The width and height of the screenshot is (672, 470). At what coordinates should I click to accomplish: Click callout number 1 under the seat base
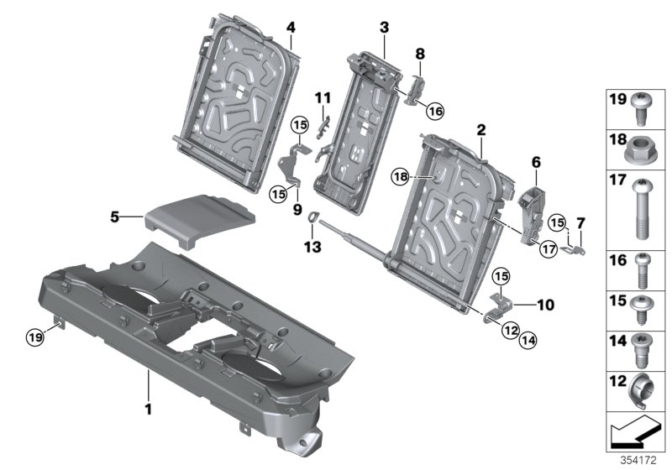[x=149, y=410]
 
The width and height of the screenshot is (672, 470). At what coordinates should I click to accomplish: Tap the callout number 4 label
[x=290, y=27]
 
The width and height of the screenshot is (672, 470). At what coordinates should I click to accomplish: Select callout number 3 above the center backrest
[x=384, y=28]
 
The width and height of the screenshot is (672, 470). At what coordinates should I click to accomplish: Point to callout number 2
[x=480, y=130]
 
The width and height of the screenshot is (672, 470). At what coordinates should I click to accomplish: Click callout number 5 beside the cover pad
[x=115, y=217]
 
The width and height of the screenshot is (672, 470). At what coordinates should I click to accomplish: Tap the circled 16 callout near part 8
[x=435, y=109]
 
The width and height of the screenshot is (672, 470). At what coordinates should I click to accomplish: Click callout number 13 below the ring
[x=312, y=248]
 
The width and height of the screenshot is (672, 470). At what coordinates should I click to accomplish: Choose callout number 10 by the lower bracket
[x=546, y=306]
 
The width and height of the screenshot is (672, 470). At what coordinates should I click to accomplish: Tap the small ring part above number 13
[x=312, y=219]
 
